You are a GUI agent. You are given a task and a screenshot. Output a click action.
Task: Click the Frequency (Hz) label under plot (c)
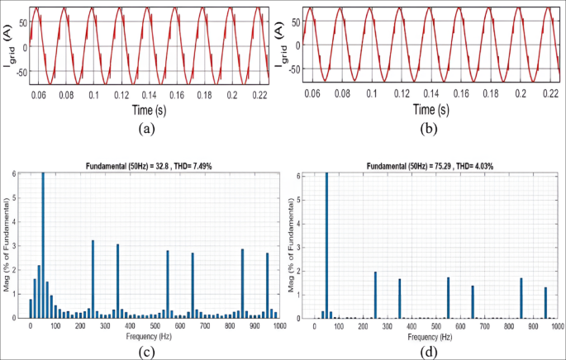(155, 338)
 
